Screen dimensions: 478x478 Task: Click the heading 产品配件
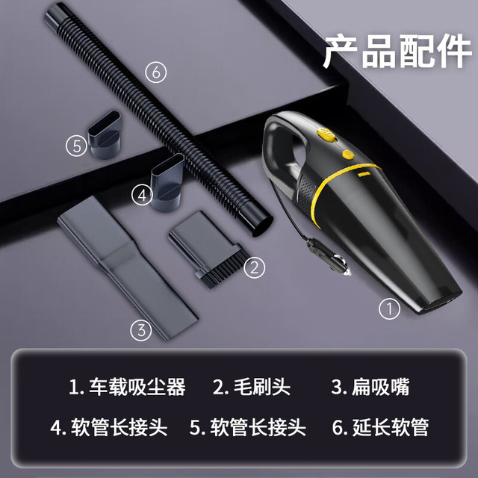[397, 52]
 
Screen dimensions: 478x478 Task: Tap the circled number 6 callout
[156, 72]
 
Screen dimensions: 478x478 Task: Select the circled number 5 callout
[76, 146]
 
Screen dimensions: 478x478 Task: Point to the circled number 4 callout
[143, 196]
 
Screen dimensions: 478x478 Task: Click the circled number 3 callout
[141, 330]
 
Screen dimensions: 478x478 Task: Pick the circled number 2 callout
[254, 267]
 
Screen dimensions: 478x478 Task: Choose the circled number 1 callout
[389, 308]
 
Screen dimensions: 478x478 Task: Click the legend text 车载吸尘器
[137, 387]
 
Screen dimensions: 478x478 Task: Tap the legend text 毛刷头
[262, 387]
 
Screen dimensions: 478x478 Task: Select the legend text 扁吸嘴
[380, 387]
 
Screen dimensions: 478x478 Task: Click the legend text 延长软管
[391, 426]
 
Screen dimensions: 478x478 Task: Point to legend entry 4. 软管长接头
[109, 426]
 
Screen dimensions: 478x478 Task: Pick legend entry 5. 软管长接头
[247, 426]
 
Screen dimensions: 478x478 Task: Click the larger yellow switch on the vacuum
[326, 134]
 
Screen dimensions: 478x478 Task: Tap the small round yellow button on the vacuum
[348, 155]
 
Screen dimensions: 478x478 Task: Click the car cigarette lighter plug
[329, 257]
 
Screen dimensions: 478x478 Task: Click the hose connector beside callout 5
[105, 134]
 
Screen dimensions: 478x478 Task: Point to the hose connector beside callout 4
[167, 182]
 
